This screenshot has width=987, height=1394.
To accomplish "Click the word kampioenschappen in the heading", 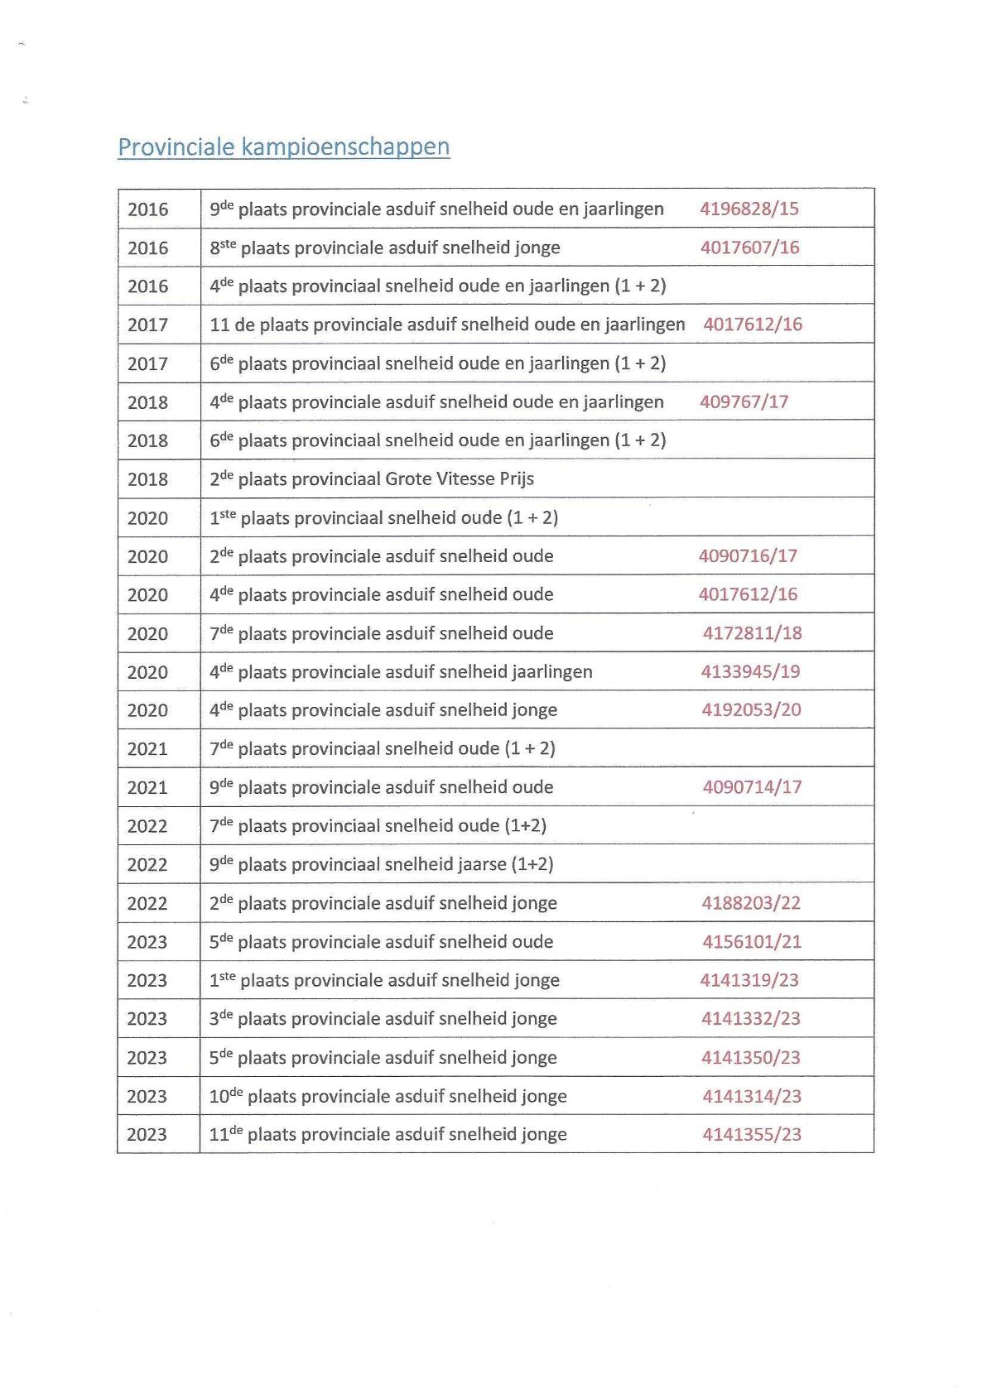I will pos(345,147).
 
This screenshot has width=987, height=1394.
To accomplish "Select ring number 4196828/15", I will pos(749,209).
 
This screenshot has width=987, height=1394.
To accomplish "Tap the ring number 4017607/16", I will pos(749,248).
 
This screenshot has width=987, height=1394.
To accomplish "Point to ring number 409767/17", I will pos(744,401).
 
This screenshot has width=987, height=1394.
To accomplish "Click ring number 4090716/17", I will pos(748,555).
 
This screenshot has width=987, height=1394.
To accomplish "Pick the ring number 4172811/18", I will pos(752,633).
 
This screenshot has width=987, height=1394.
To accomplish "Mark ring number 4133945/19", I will pos(750,671).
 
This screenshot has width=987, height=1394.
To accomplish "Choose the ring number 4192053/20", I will pos(751,709).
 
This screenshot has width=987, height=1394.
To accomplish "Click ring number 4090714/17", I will pos(752,787).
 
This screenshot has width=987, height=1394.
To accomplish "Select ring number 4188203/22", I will pos(751,903).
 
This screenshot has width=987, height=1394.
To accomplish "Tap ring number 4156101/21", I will pos(752,941).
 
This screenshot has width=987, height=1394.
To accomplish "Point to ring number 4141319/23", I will pos(749,980).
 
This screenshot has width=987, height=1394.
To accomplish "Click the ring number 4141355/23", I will pos(752,1134).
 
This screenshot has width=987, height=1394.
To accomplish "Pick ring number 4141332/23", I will pos(751,1018).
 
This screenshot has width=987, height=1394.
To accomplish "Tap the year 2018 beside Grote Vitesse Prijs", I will pos(147,479).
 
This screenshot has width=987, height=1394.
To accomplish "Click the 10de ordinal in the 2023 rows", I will pos(225,1096).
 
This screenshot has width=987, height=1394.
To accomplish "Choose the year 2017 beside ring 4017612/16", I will pos(147,324).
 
